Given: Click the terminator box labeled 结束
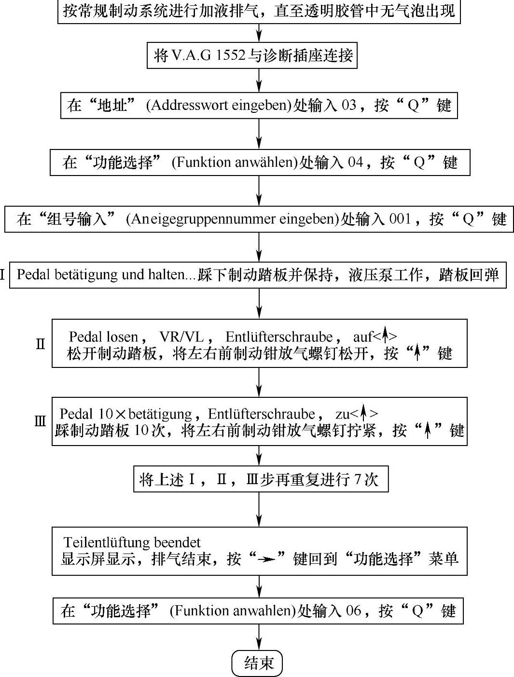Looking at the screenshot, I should tap(257, 663).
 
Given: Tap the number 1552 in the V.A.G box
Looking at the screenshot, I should tap(230, 55).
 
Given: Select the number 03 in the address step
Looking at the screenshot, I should tap(348, 105).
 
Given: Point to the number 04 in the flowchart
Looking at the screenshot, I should tap(355, 162).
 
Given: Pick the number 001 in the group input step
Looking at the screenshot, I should tap(400, 219).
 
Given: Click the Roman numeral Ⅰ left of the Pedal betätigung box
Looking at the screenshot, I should tap(3, 275).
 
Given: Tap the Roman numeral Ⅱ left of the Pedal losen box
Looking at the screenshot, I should tap(41, 344).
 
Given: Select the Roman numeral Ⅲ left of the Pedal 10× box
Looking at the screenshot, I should tap(41, 421).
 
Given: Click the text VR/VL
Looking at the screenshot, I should tap(181, 337).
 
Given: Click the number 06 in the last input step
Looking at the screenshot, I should tap(354, 611).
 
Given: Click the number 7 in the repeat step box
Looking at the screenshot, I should tap(358, 480).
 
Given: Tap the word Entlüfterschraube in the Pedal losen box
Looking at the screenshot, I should tap(279, 337).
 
